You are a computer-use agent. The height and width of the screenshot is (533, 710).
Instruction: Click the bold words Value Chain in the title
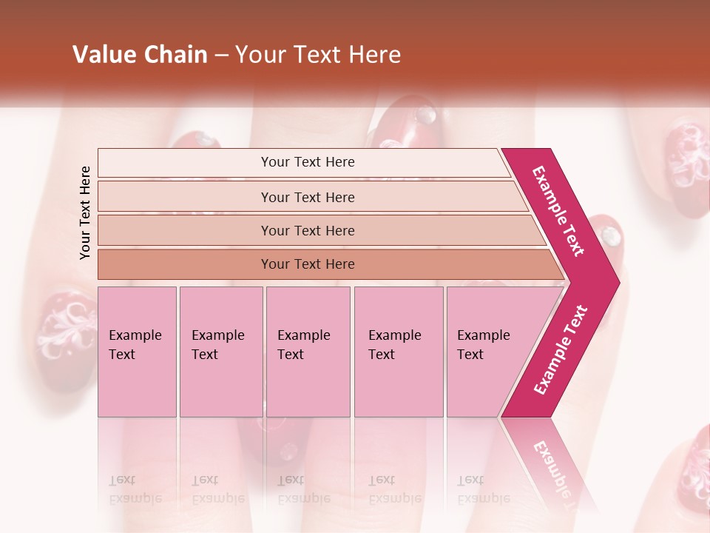pos(140,55)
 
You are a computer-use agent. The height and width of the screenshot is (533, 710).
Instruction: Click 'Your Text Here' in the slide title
pos(318,55)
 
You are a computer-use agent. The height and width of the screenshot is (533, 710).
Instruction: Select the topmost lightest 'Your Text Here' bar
pos(307,162)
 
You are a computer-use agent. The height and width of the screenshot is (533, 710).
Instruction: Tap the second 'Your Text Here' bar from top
pos(307,197)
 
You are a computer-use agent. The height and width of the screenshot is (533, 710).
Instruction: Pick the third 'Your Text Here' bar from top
pos(307,230)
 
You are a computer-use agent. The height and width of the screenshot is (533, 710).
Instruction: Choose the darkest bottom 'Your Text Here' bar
pos(307,264)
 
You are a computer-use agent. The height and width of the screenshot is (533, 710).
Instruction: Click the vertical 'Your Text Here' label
pos(85,212)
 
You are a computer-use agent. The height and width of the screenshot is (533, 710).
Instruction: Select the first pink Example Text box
pos(137,352)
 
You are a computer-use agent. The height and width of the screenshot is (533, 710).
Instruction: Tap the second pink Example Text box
pos(221,352)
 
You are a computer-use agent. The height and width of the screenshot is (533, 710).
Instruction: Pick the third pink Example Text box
pos(308,352)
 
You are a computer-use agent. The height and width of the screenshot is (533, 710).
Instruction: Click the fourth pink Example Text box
pos(399,352)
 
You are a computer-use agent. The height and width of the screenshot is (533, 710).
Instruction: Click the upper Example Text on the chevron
pos(559,211)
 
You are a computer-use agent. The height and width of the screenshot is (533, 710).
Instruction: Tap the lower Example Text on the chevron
pos(561,350)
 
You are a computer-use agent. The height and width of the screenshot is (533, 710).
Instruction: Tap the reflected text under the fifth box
pos(484,489)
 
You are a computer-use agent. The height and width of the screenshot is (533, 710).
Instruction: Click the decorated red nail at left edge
pos(63,333)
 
